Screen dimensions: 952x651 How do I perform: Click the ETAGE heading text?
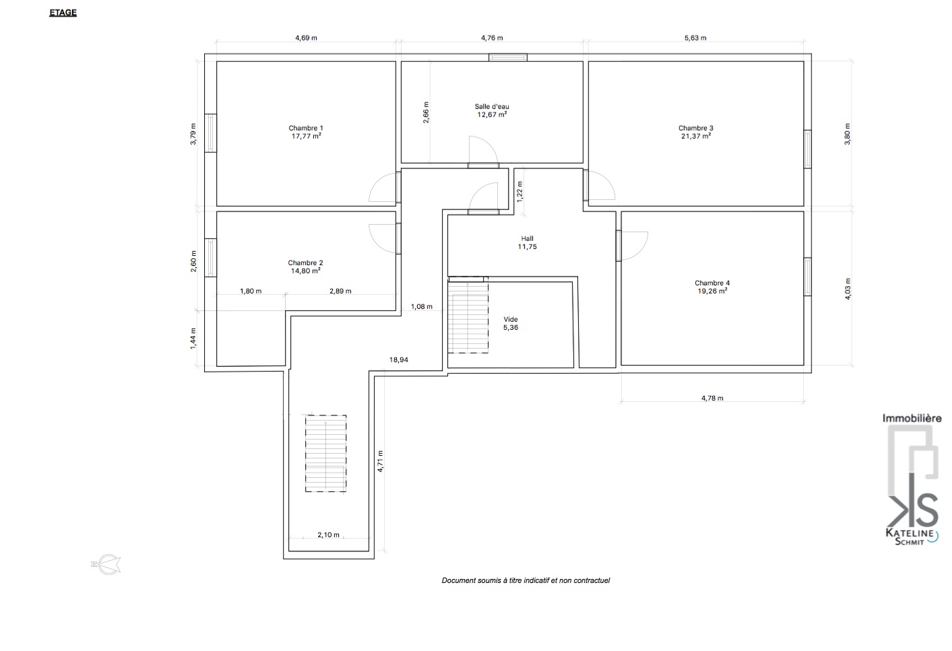click(x=63, y=13)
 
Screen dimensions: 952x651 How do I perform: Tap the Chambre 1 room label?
click(x=306, y=128)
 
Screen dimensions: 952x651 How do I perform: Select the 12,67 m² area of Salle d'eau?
click(x=492, y=114)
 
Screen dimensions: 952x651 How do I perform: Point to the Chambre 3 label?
click(x=696, y=128)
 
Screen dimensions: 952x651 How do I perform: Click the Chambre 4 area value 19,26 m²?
click(x=712, y=292)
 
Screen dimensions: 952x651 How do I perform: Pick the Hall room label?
click(x=527, y=239)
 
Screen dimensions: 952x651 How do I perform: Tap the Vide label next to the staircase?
click(x=511, y=319)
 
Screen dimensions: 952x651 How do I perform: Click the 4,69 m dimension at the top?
click(x=306, y=38)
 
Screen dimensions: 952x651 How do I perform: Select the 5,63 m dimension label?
click(x=695, y=38)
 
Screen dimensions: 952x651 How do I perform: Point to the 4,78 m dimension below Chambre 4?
click(x=712, y=399)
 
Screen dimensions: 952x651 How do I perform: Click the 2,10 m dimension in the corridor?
click(x=328, y=535)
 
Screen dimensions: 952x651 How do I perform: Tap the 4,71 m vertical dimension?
click(x=381, y=461)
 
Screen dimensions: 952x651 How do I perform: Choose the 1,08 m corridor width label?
click(x=422, y=306)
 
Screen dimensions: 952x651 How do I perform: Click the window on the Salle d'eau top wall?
click(x=508, y=57)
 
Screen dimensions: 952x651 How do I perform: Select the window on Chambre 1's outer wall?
click(x=210, y=133)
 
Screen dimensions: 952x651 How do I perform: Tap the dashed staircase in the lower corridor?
click(x=325, y=454)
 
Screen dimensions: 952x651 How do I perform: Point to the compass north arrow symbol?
click(x=106, y=564)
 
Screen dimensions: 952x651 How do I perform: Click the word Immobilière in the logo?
click(x=912, y=418)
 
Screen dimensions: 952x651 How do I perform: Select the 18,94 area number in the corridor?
click(x=399, y=360)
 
